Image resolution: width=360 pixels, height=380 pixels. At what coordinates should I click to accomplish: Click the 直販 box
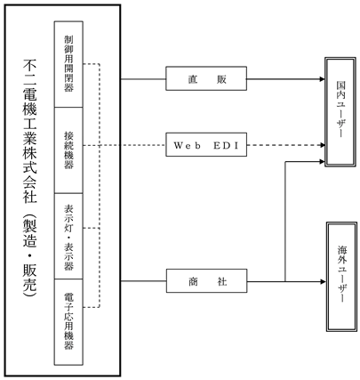[x=206, y=78]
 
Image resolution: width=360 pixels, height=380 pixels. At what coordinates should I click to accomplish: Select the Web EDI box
[x=206, y=145]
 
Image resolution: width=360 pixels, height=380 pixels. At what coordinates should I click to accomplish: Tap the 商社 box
[x=206, y=281]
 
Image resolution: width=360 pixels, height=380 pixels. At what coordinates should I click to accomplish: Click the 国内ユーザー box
[x=340, y=112]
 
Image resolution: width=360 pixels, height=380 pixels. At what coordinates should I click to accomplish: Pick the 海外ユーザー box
[x=341, y=277]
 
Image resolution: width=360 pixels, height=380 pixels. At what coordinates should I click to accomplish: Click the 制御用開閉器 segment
[x=68, y=64]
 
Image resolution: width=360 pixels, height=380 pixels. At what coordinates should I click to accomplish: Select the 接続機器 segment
[x=68, y=150]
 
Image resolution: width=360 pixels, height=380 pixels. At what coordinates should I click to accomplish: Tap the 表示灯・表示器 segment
[x=68, y=236]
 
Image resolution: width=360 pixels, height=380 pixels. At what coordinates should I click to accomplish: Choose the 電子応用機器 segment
[x=68, y=322]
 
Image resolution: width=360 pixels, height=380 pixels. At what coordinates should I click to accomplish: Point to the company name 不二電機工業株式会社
[x=29, y=132]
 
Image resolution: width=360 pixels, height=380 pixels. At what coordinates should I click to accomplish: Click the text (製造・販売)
[x=29, y=255]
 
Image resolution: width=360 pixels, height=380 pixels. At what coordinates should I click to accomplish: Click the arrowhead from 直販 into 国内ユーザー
[x=322, y=79]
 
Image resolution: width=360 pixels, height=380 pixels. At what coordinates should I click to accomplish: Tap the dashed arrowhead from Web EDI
[x=322, y=145]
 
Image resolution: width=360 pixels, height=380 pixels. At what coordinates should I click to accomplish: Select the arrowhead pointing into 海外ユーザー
[x=323, y=281]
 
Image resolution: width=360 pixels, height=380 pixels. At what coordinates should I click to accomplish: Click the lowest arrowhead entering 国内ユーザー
[x=322, y=162]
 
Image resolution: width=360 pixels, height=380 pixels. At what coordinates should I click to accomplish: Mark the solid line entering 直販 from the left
[x=143, y=79]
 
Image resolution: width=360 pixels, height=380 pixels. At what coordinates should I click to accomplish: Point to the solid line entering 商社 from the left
[x=144, y=281]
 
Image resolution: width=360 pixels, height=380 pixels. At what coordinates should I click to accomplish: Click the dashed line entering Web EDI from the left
[x=124, y=145]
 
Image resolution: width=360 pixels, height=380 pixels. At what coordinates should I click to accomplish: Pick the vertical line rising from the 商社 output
[x=285, y=222]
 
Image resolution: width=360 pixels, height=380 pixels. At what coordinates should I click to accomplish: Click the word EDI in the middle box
[x=226, y=146]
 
